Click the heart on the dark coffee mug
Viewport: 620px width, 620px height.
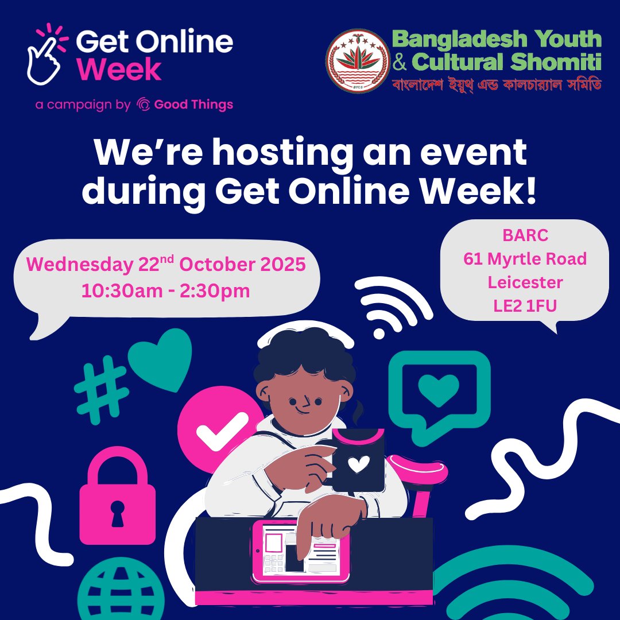point(358,463)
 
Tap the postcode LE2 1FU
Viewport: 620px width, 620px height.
point(525,306)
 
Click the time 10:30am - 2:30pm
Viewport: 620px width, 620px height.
point(165,290)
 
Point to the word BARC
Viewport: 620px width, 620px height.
point(525,236)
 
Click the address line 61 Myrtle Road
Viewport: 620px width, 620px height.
point(525,259)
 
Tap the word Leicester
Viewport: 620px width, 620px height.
point(525,282)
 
